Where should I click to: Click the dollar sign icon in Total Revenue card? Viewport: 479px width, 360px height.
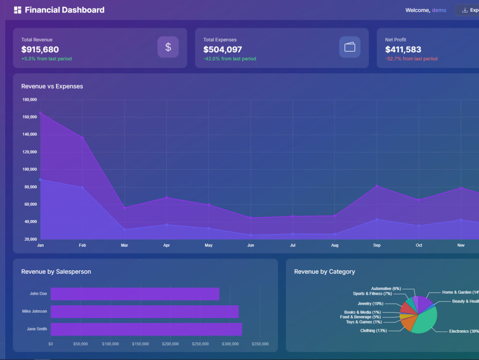(168, 47)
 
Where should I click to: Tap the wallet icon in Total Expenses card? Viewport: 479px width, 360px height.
(350, 47)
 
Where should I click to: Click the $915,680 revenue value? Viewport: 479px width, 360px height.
(40, 49)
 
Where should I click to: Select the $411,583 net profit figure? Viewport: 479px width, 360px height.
(403, 49)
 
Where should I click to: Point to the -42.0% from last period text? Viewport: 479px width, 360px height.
(230, 58)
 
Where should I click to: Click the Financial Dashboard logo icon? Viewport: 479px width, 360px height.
(18, 10)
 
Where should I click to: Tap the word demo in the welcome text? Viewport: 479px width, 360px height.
(439, 10)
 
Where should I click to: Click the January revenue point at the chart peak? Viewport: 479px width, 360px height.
(40, 114)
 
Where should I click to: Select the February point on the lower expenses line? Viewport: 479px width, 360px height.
(82, 187)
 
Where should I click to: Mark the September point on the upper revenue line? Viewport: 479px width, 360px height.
(376, 186)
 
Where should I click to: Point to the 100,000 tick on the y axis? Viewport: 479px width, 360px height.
(30, 169)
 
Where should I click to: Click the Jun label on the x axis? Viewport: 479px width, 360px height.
(251, 245)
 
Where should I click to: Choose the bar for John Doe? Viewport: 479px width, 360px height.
(135, 294)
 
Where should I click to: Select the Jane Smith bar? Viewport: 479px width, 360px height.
(146, 329)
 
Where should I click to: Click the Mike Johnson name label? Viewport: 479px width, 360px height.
(34, 311)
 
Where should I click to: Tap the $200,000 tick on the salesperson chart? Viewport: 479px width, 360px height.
(170, 344)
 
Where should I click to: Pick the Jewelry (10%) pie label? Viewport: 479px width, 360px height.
(370, 303)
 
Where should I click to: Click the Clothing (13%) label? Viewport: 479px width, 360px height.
(373, 331)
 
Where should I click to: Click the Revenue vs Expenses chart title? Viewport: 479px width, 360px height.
(52, 86)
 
